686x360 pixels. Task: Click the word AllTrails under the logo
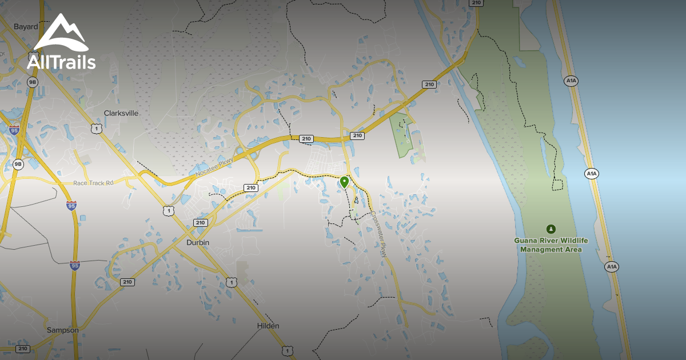[x=61, y=62]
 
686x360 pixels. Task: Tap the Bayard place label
[x=26, y=26]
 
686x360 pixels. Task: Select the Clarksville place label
[x=121, y=113]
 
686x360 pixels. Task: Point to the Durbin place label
[x=198, y=242]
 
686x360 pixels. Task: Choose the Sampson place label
[x=63, y=330]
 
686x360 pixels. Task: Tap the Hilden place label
[x=268, y=326]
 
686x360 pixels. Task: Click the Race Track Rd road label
[x=94, y=183]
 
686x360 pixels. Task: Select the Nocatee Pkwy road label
[x=214, y=163]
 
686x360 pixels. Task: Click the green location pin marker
[x=344, y=182]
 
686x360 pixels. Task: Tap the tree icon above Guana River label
[x=551, y=229]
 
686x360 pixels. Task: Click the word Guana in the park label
[x=525, y=241]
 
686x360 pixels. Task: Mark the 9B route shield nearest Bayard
[x=33, y=82]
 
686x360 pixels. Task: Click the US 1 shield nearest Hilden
[x=287, y=350]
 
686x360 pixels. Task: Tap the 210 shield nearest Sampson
[x=23, y=349]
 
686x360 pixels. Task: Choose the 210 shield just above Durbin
[x=200, y=222]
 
